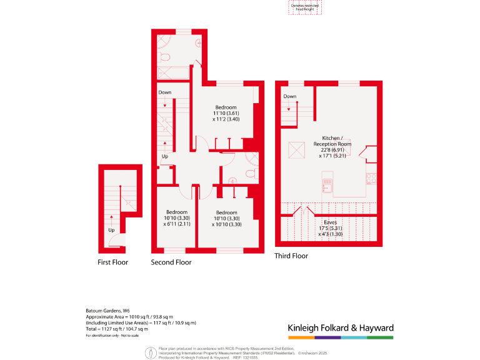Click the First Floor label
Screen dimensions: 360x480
click(x=112, y=262)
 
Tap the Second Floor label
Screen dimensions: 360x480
click(x=171, y=262)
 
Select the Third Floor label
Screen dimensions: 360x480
click(x=291, y=256)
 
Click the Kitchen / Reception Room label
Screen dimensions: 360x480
click(x=336, y=141)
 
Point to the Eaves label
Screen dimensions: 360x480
click(x=331, y=222)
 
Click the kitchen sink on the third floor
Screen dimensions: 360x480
click(x=327, y=185)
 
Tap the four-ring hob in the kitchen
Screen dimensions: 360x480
click(x=370, y=179)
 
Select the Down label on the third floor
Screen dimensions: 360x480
click(x=289, y=96)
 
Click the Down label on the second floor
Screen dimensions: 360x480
click(x=164, y=92)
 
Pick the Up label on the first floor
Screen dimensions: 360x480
click(x=112, y=230)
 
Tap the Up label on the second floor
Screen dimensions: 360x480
click(x=164, y=156)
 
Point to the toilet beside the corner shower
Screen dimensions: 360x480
click(x=164, y=57)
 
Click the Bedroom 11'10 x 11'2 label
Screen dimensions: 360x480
click(x=226, y=112)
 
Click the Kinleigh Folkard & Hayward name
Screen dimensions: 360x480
click(x=340, y=327)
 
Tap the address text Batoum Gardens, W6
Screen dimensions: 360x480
click(x=107, y=310)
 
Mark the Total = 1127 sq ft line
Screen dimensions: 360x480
click(x=117, y=329)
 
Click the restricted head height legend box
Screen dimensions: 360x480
click(x=304, y=6)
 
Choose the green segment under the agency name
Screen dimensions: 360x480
click(x=380, y=337)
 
